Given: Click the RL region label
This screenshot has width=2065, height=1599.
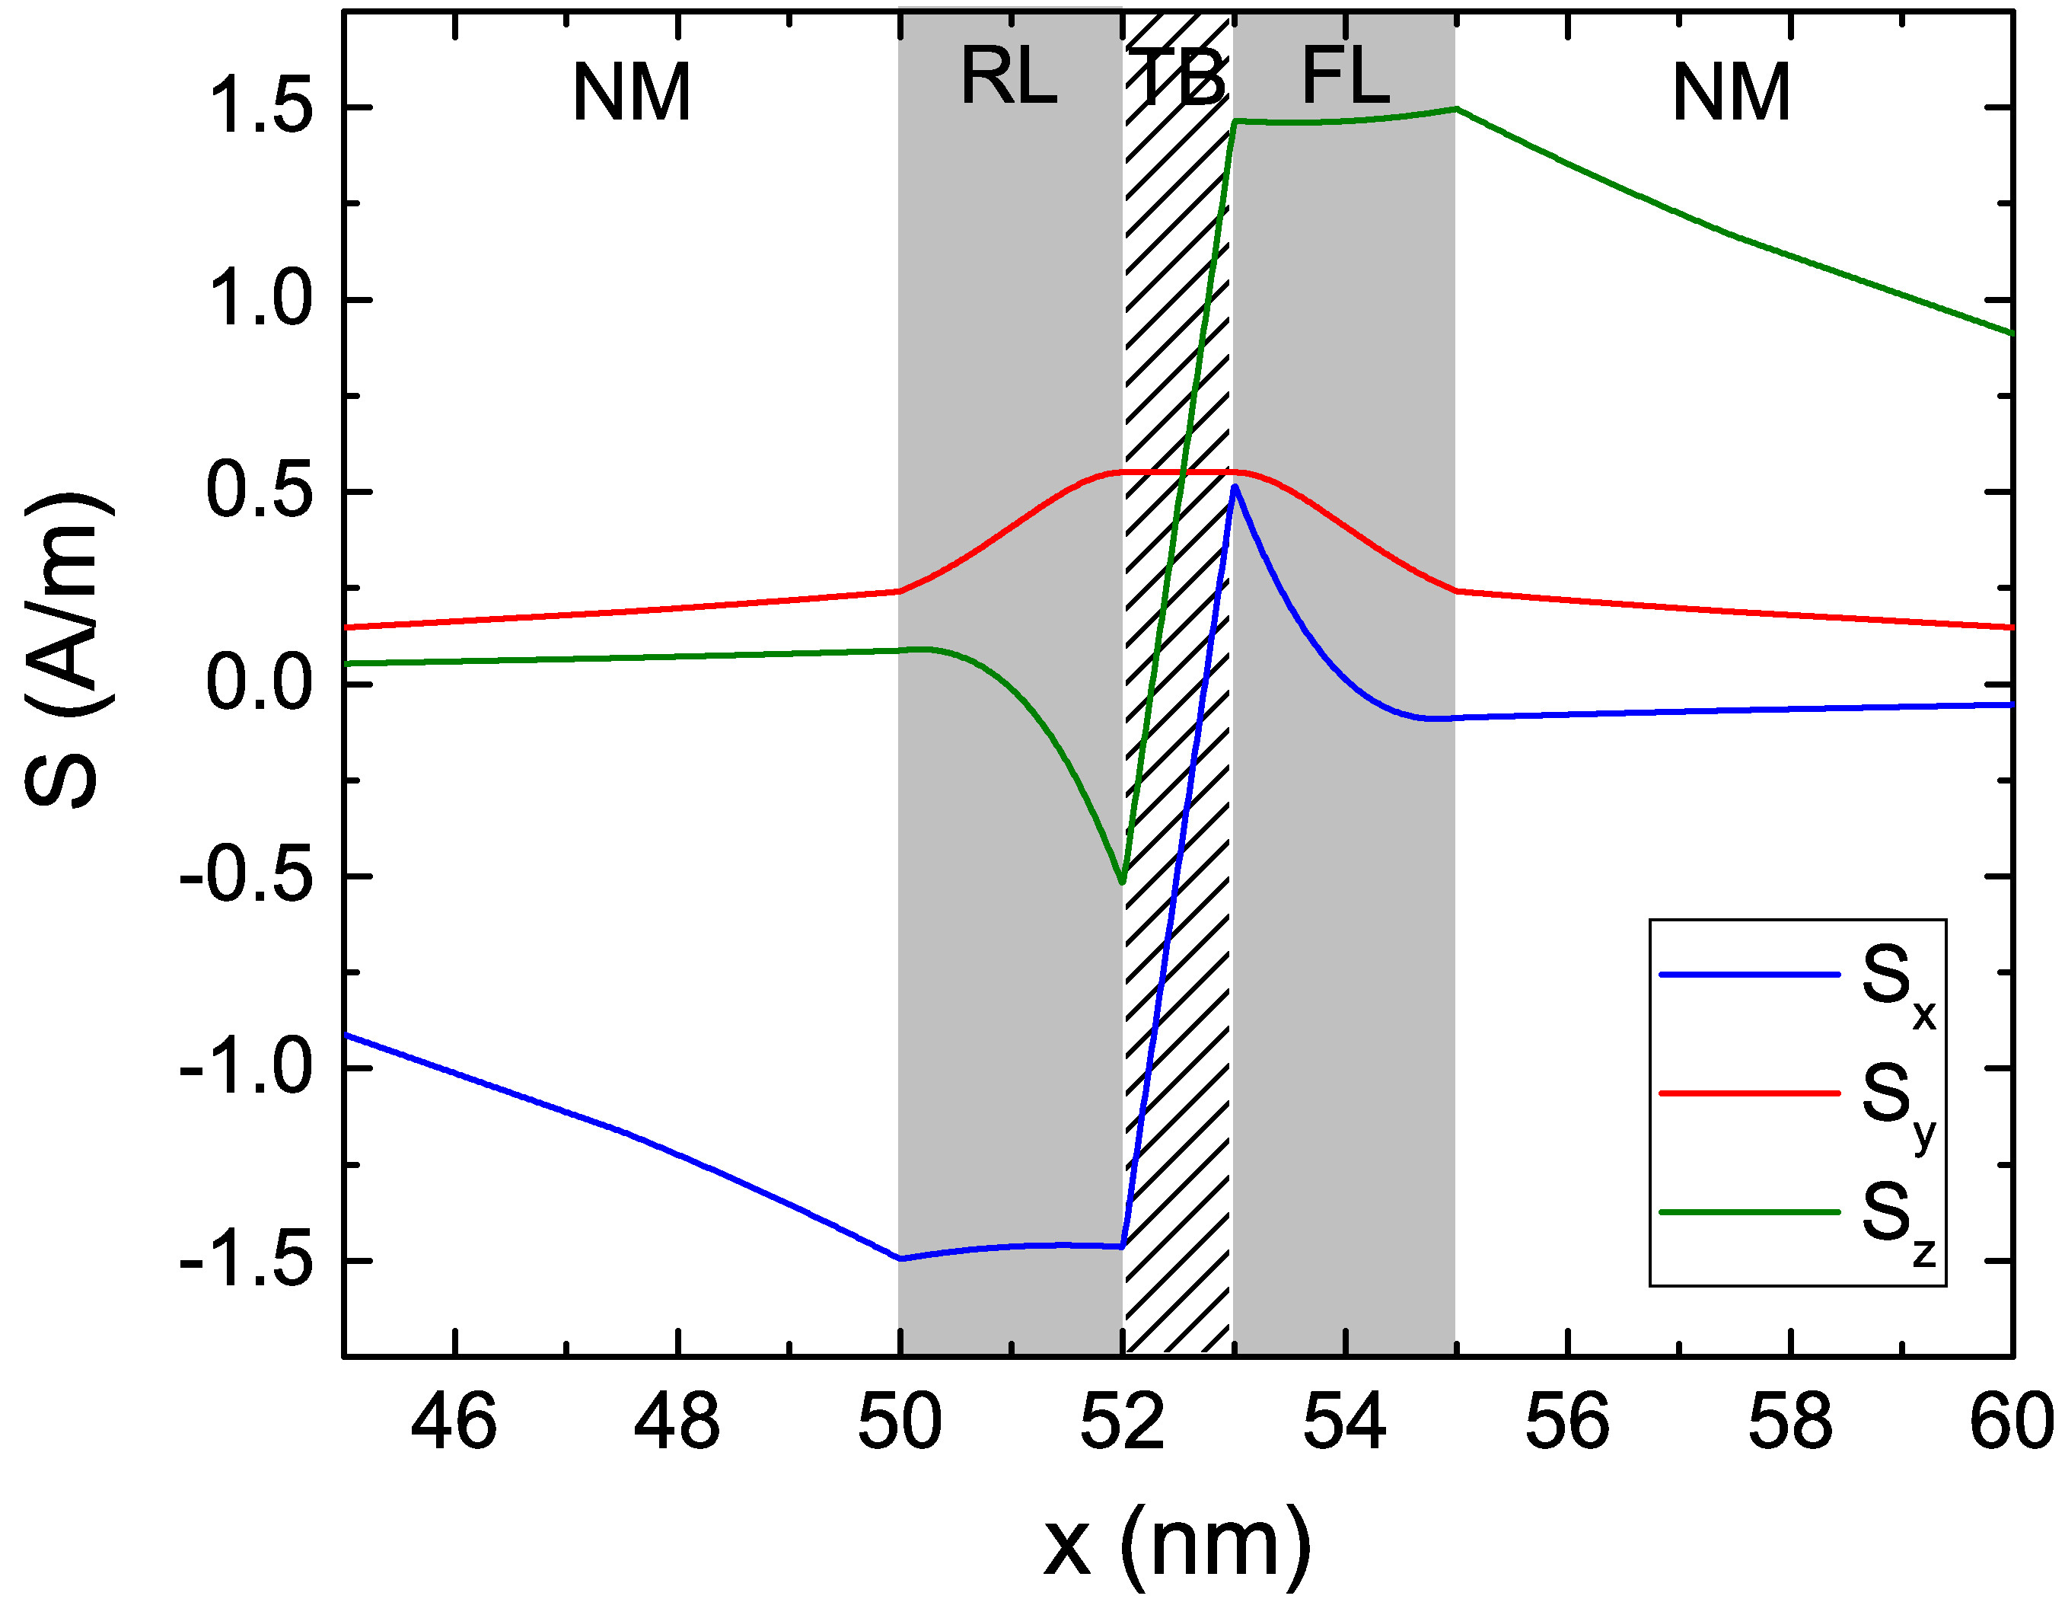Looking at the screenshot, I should (x=1008, y=78).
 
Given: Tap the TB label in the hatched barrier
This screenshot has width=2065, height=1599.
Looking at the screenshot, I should (x=1178, y=78).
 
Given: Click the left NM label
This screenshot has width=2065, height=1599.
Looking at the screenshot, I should (x=632, y=93).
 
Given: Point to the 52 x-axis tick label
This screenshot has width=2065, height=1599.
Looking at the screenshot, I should (x=1123, y=1422).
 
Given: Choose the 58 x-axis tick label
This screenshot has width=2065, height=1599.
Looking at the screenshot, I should (x=1790, y=1422).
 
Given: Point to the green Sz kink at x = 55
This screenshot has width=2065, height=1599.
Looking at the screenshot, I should (x=1457, y=109).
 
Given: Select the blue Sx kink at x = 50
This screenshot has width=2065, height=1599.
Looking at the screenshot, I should (x=901, y=1259).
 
